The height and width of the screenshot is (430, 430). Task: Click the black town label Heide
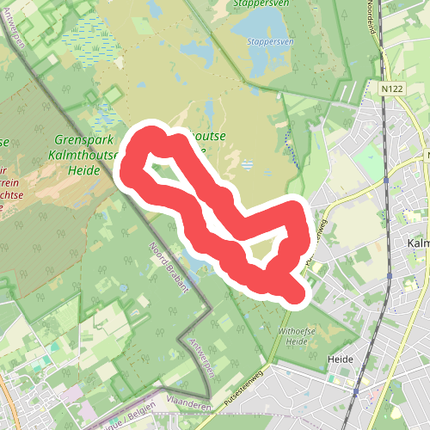(341, 357)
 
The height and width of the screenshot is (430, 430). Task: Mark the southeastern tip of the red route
(298, 293)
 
